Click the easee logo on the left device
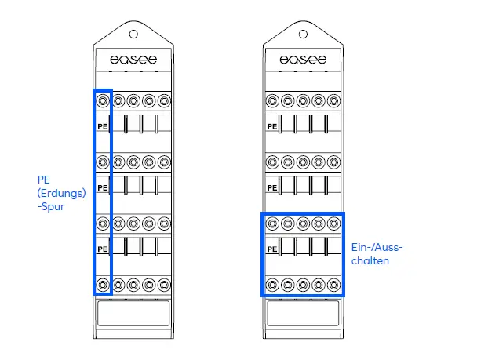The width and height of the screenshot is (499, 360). point(133,60)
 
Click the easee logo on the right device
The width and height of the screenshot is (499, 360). point(303,60)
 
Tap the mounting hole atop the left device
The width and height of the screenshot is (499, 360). point(133,34)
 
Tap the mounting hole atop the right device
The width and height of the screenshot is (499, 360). point(304,34)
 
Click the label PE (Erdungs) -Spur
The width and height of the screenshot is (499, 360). point(60,193)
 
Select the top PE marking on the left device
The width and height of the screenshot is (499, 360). point(102,125)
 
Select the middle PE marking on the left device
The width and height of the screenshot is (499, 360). point(102,187)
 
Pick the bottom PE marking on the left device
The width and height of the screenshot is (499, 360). point(102,249)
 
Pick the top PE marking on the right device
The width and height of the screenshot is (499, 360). point(272,125)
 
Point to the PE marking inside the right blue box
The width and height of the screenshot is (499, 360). point(272,249)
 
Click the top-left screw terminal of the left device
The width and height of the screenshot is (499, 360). point(103,100)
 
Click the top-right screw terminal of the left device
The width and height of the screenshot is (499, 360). point(163,100)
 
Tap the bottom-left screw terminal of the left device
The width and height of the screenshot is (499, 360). point(103,284)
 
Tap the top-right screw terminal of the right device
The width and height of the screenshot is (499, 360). point(333,100)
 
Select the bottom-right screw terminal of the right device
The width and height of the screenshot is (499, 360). point(333,284)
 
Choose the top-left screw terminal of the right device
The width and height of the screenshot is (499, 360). point(272,100)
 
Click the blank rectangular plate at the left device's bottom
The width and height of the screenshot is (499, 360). point(133,315)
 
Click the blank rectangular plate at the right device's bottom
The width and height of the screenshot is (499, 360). point(303,315)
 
